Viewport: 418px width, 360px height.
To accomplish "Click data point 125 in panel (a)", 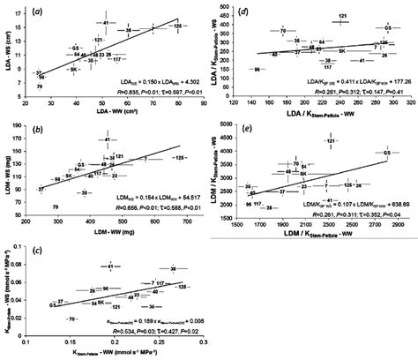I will [x=176, y=26].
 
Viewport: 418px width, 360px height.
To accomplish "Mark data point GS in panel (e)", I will [x=385, y=154].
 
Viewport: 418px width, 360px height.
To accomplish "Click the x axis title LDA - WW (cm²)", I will [x=116, y=109].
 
